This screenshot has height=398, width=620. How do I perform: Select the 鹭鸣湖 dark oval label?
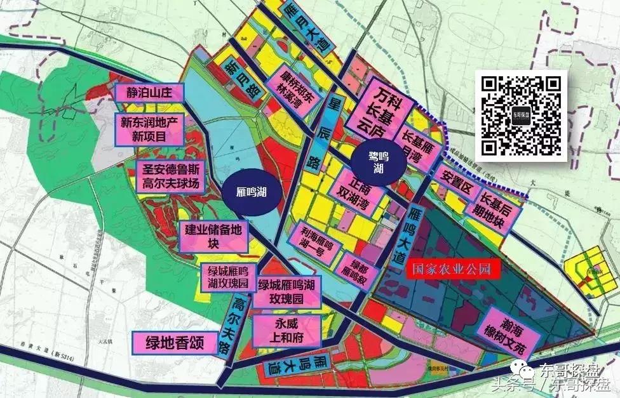(x=379, y=162)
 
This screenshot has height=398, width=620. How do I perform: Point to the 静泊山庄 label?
(x=149, y=93)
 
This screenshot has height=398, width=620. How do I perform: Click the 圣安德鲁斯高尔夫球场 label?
(x=172, y=177)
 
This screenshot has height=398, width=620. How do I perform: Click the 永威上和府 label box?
(x=283, y=331)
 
